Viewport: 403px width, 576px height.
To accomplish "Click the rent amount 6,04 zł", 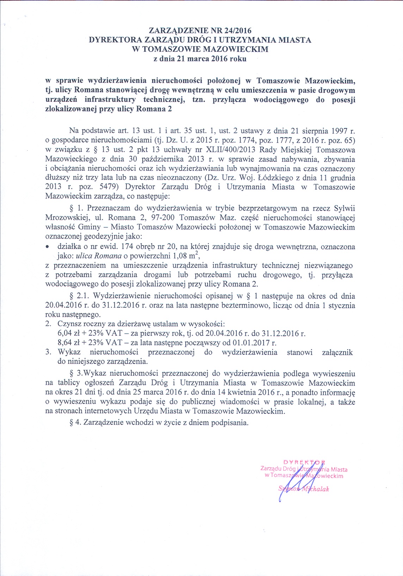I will pos(69,333).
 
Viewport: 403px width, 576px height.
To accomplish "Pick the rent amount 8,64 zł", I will pos(69,343).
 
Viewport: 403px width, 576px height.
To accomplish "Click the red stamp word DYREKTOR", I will pos(304,462).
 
